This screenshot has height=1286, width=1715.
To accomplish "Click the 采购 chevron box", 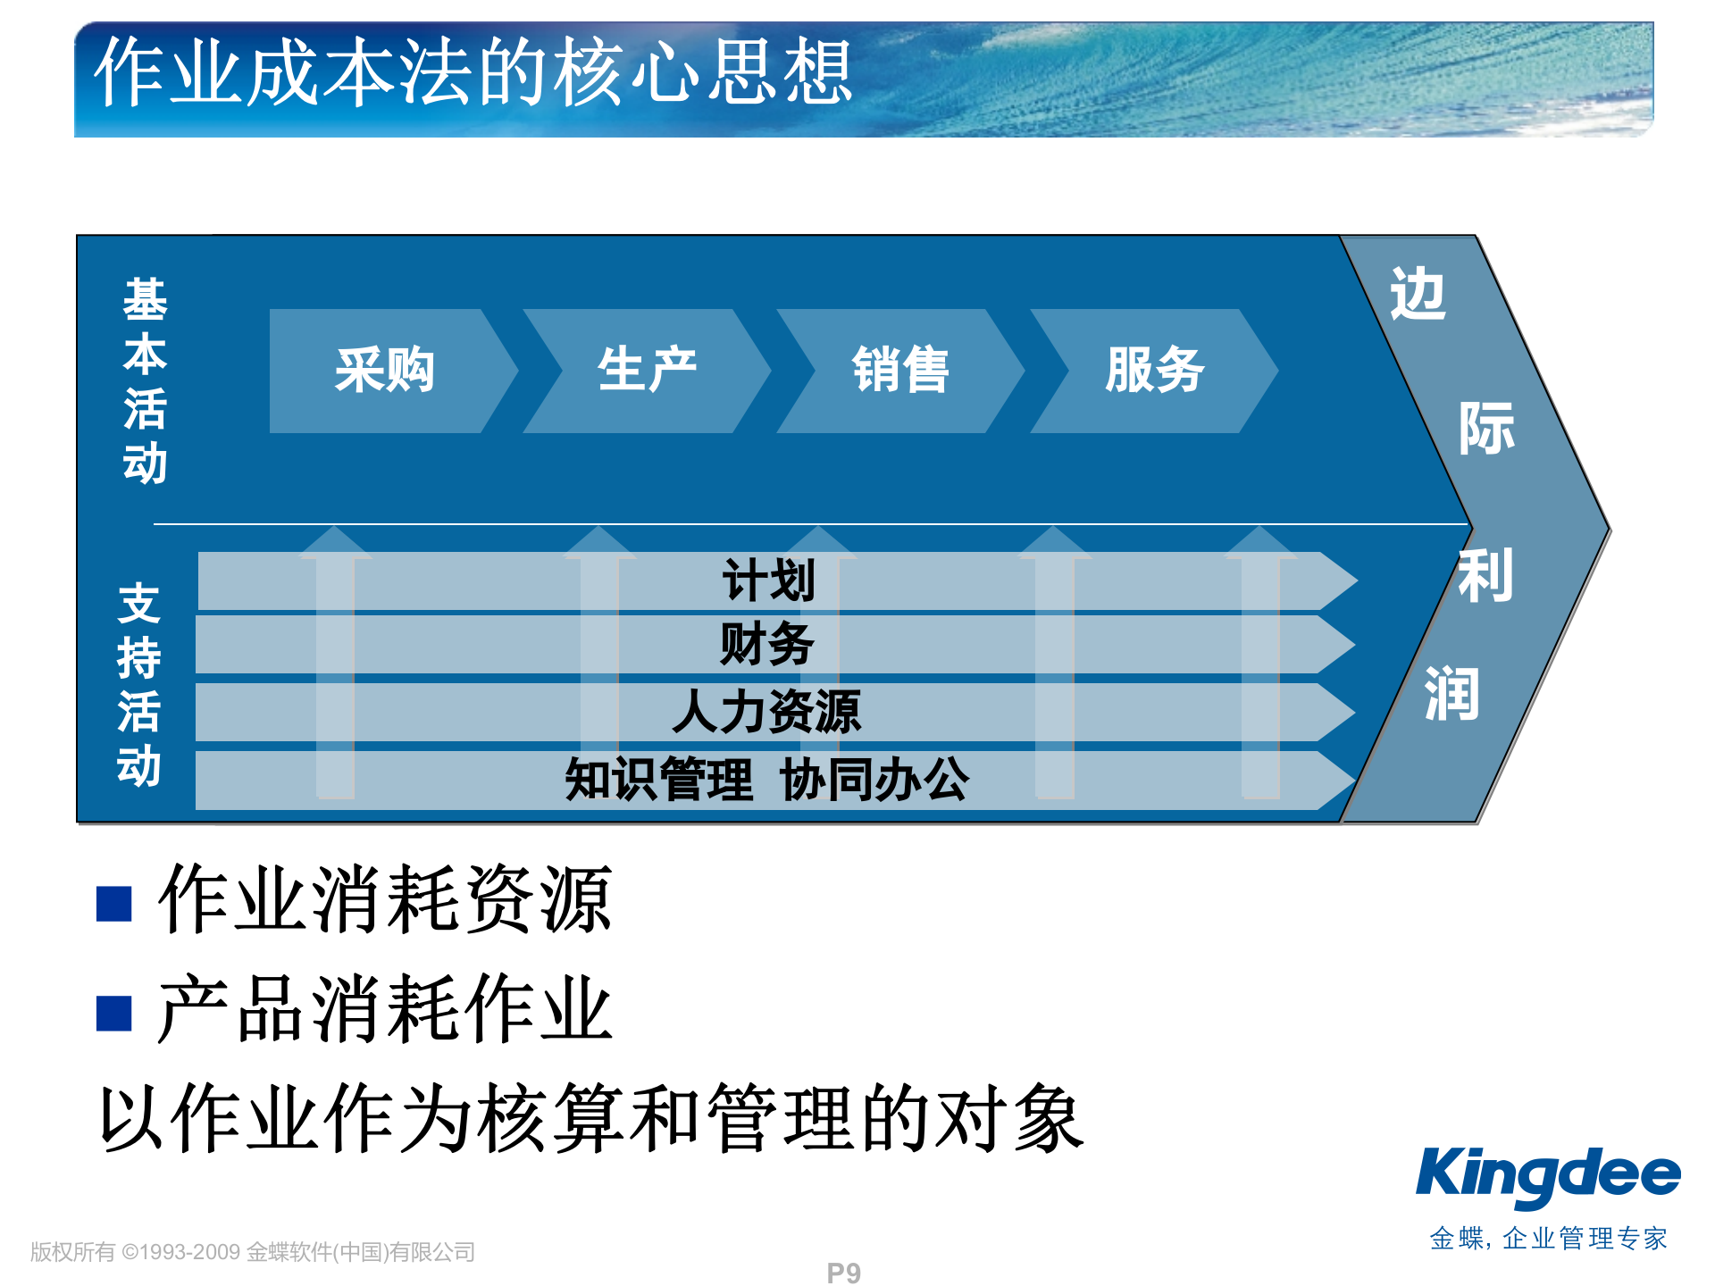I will tap(385, 371).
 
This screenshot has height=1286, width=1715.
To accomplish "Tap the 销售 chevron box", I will tap(900, 371).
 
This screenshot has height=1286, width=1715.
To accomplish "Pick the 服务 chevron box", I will tap(1154, 371).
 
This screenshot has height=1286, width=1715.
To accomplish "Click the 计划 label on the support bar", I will tap(768, 580).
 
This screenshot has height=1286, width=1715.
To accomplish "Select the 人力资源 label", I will tap(766, 712).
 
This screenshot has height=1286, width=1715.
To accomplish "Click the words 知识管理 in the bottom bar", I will tap(659, 780).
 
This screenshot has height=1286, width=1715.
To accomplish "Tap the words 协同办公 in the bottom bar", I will tap(874, 780).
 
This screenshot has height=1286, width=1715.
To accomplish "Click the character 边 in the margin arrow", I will tap(1418, 295).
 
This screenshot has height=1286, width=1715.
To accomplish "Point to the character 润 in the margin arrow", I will tap(1451, 694).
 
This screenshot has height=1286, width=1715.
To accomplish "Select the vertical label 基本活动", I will tap(145, 380).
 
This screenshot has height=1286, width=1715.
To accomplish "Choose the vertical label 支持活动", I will tap(139, 685).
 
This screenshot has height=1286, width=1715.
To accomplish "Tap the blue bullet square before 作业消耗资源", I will tap(114, 903).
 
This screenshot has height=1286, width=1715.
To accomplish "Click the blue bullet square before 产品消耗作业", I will tap(114, 1013).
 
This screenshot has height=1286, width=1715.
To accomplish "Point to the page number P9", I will tap(843, 1273).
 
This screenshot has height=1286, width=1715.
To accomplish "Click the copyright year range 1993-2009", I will tap(191, 1252).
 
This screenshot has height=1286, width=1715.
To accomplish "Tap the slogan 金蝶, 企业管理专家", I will tap(1548, 1239).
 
